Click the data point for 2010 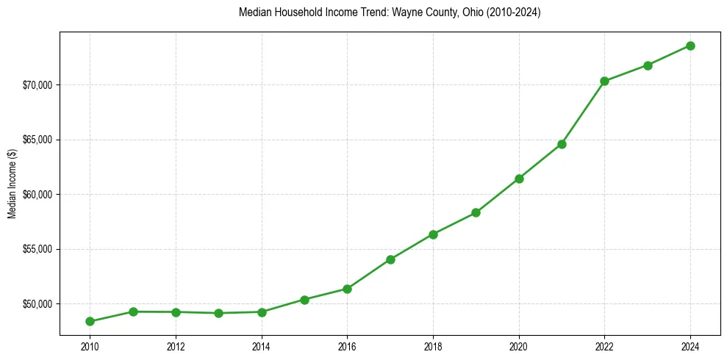pos(90,321)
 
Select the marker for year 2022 pos(604,81)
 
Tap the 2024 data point pos(690,46)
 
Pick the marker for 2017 pos(390,259)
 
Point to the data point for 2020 pos(519,179)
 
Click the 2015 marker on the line pos(304,300)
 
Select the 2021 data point pos(562,144)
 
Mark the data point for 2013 pos(218,313)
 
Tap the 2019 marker pos(476,212)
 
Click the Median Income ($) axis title pos(12,184)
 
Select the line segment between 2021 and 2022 pos(583,112)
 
